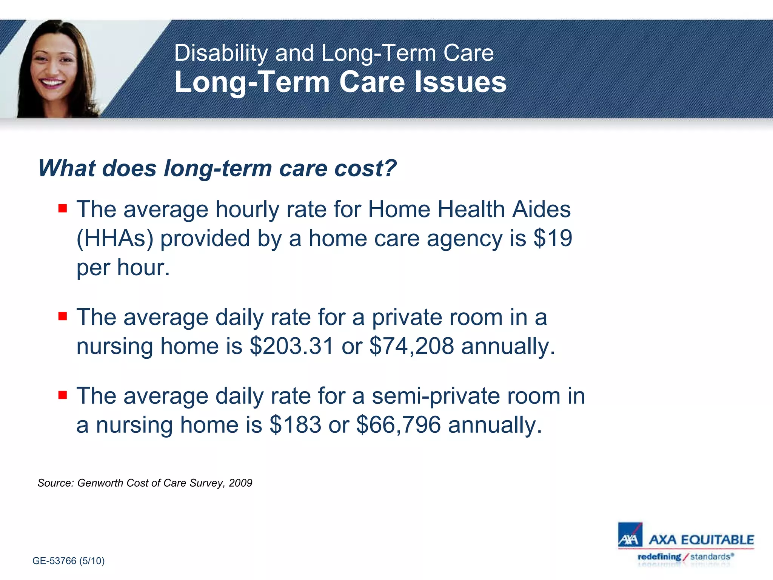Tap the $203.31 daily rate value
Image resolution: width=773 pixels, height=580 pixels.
(292, 346)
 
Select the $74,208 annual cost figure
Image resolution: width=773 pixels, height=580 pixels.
(411, 346)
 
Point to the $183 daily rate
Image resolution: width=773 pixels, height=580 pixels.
(295, 425)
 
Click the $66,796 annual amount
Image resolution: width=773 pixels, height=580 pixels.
(399, 425)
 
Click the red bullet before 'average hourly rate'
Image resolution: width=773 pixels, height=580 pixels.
(63, 208)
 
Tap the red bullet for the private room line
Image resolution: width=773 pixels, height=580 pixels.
(63, 316)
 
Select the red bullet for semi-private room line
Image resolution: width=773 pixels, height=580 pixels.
(63, 395)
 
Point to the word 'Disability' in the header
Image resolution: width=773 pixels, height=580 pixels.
(221, 53)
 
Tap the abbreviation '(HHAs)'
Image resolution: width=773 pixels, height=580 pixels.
(115, 239)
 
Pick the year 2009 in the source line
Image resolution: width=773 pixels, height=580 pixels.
(240, 483)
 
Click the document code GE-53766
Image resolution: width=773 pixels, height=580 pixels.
(54, 561)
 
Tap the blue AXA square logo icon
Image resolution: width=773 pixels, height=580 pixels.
(630, 535)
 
